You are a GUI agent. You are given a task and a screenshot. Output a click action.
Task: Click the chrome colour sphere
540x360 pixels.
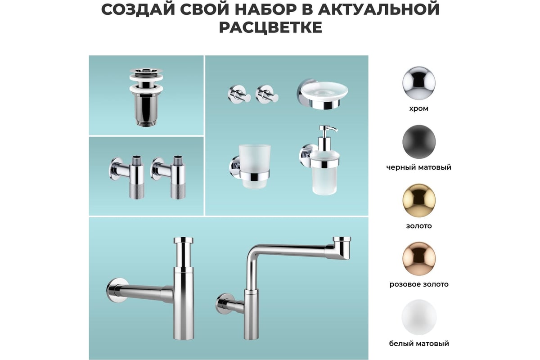(x=419, y=83)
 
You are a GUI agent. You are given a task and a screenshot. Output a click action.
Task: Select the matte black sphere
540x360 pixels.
(x=419, y=142)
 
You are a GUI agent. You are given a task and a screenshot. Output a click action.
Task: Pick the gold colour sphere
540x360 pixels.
(x=419, y=200)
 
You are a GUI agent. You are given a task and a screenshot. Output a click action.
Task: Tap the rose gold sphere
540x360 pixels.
(x=419, y=258)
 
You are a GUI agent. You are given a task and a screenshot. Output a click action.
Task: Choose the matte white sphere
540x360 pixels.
(x=419, y=317)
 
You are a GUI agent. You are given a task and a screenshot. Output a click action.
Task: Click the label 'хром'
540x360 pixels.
(x=419, y=109)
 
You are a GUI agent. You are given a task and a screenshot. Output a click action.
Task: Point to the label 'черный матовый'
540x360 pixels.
(x=419, y=167)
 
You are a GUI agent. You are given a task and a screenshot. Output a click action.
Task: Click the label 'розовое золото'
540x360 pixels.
(x=419, y=284)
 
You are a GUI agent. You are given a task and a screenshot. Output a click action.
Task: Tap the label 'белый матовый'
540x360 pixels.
(x=419, y=343)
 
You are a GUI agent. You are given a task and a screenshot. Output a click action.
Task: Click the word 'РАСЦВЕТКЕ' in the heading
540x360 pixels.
(x=270, y=27)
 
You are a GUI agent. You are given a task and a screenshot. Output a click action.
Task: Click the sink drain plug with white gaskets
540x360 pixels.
(x=146, y=97)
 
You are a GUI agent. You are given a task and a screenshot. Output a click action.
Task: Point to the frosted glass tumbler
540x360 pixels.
(x=254, y=166)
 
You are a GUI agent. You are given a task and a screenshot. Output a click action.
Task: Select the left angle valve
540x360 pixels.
(x=127, y=177)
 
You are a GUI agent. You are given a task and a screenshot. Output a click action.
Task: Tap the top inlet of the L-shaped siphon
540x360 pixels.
(x=342, y=240)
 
